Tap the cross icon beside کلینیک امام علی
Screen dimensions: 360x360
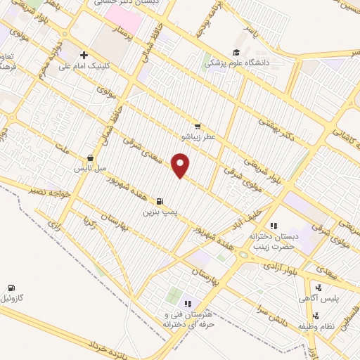(x=84, y=55)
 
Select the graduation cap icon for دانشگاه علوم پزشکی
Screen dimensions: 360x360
(x=237, y=53)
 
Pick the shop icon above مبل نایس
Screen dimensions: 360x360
(x=90, y=159)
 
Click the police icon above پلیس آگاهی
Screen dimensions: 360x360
(x=319, y=288)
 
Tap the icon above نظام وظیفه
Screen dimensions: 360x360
(x=318, y=316)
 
